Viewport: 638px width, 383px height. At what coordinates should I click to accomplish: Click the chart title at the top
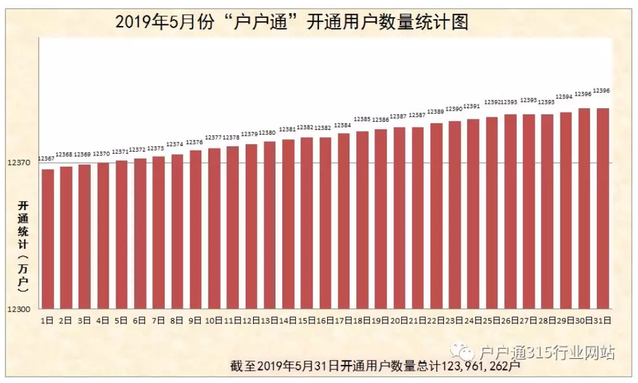coord(292,23)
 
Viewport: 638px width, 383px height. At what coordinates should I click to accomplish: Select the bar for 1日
coord(48,239)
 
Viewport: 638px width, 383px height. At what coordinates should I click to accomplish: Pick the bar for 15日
coord(307,223)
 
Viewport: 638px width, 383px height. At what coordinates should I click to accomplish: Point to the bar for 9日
coord(196,229)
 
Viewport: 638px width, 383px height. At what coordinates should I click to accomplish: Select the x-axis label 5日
coord(121,321)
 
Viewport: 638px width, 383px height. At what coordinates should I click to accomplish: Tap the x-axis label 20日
coord(399,321)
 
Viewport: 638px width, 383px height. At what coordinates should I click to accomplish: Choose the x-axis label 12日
coord(251,321)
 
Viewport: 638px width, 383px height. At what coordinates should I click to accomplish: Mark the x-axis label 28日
coord(547,321)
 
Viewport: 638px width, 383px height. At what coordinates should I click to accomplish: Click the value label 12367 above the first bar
coord(46,159)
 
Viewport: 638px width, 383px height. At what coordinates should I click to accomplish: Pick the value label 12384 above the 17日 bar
coord(343,126)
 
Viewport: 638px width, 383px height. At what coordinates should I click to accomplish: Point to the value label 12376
coord(195,142)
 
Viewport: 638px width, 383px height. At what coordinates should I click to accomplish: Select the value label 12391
coord(472,106)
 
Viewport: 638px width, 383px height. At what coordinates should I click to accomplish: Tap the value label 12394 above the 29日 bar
coord(564,97)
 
